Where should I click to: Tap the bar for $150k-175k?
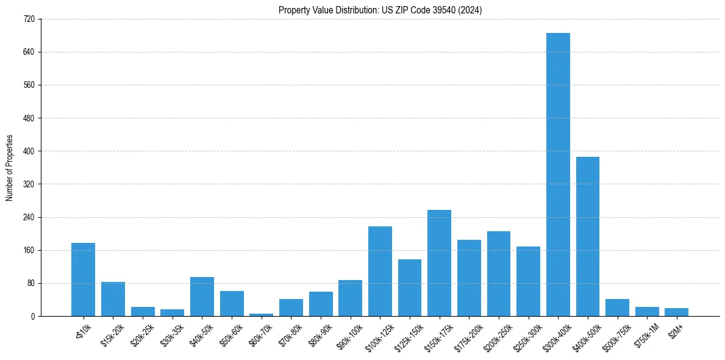439,263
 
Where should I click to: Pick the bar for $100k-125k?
380,272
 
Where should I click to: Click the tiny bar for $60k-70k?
261,315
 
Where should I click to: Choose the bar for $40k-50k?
202,297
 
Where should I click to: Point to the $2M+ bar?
676,312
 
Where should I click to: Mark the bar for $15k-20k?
113,299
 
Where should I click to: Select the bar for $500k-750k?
617,308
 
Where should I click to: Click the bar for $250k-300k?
528,281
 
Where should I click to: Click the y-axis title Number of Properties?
10,168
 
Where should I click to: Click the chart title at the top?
380,10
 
